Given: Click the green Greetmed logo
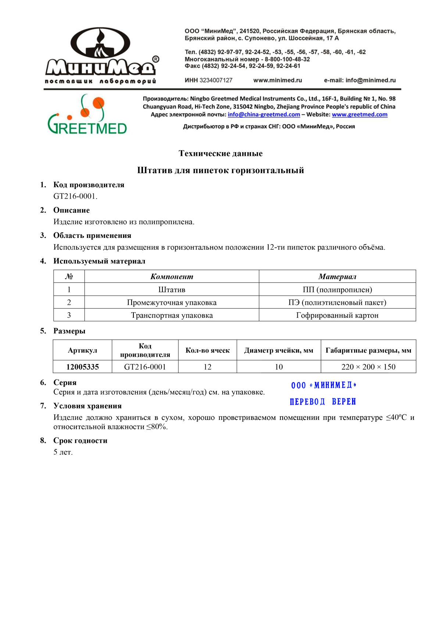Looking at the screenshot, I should point(87,115).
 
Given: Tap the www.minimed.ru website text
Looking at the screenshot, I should point(277,80).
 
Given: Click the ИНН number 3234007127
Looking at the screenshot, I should point(216,80).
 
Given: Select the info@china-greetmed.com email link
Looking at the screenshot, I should point(264,114).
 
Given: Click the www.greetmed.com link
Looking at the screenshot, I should point(359,114).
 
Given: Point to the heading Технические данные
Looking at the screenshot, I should point(220,153).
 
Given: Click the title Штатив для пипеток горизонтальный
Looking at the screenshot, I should point(220,170).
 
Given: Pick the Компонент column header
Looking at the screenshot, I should point(172,277).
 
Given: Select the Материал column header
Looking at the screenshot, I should point(337,277).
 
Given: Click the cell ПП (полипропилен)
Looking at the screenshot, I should point(337,290).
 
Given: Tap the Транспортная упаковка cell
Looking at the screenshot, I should point(172,315).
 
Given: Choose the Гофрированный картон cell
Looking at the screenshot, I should point(337,315).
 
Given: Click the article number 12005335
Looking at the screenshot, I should point(82,367).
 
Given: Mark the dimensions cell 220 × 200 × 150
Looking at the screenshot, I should point(368,367).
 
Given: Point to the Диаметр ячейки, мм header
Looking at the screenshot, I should point(279,350).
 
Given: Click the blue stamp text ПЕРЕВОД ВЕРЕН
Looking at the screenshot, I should point(323,402).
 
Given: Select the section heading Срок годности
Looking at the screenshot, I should point(80,441).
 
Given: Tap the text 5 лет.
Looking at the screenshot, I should point(63,452).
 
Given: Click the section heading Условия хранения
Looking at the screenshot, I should point(87,406).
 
